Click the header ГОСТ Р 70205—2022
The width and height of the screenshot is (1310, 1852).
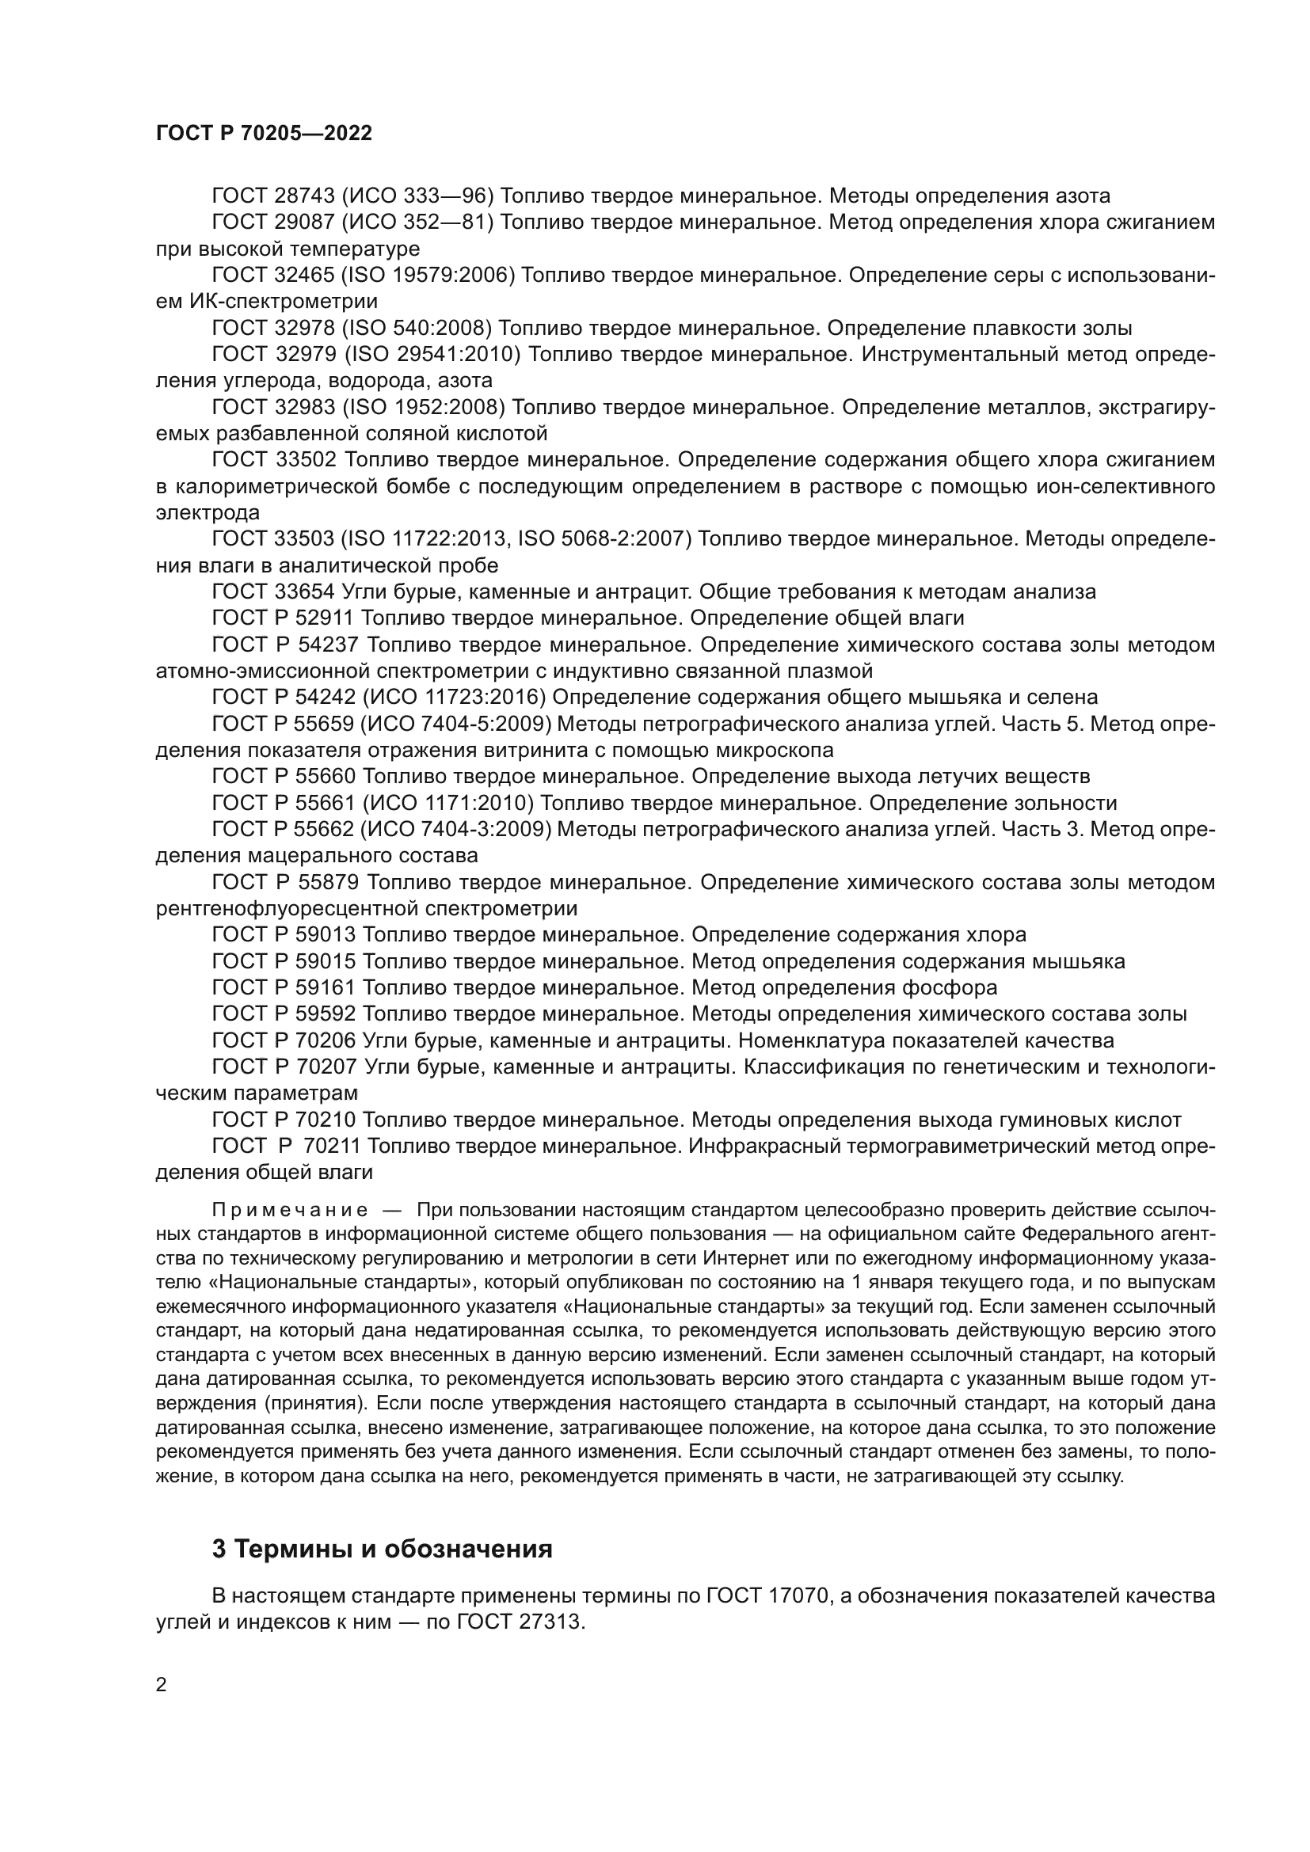pyautogui.click(x=264, y=134)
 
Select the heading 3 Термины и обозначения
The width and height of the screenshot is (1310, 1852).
pyautogui.click(x=383, y=1549)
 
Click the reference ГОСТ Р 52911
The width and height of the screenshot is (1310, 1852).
pyautogui.click(x=282, y=618)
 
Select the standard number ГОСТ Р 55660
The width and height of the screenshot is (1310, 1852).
pyautogui.click(x=282, y=776)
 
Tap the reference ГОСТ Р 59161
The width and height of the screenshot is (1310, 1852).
pyautogui.click(x=282, y=987)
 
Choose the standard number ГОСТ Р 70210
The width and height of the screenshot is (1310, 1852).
pyautogui.click(x=282, y=1120)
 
